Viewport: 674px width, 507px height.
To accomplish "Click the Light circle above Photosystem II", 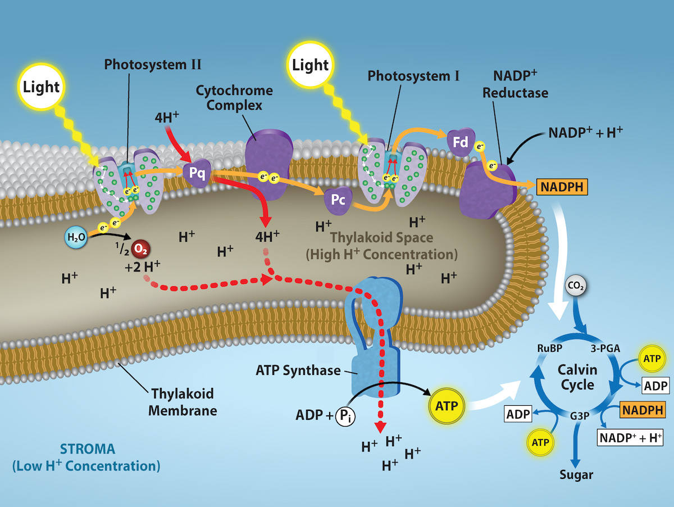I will (x=41, y=87).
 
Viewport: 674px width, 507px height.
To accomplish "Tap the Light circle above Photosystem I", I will (x=311, y=65).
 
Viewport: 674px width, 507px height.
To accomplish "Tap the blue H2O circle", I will (x=76, y=238).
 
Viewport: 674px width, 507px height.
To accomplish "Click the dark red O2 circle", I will (x=140, y=248).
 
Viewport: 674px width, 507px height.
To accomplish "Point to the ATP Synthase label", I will (x=298, y=370).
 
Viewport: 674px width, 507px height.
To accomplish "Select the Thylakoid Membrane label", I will (x=182, y=402).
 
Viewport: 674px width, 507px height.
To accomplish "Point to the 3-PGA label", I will (x=605, y=348).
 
